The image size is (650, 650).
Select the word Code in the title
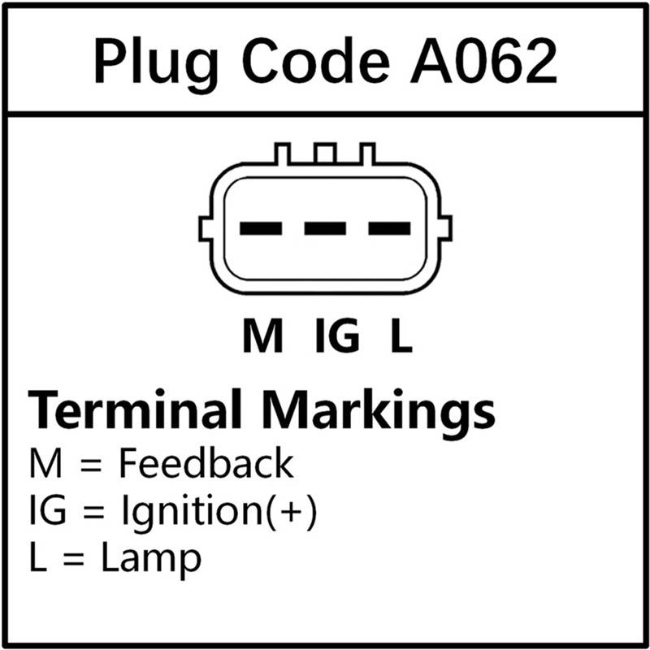click(316, 60)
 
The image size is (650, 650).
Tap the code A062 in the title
click(483, 60)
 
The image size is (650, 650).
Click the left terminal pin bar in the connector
click(261, 228)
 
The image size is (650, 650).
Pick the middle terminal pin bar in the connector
click(325, 228)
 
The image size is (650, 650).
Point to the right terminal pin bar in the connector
click(389, 228)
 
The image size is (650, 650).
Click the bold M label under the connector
click(262, 336)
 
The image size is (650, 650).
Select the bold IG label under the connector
click(337, 336)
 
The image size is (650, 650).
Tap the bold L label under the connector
click(401, 336)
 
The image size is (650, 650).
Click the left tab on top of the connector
click(283, 154)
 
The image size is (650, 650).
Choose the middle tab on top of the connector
click(325, 154)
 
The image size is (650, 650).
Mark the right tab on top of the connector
click(367, 154)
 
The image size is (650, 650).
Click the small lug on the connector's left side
click(206, 228)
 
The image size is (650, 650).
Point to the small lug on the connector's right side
click(444, 228)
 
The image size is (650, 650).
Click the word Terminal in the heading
click(135, 409)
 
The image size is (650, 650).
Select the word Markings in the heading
click(379, 414)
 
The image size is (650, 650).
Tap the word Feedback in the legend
click(206, 462)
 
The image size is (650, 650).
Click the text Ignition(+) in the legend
click(219, 510)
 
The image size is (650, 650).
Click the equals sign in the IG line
click(93, 513)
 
